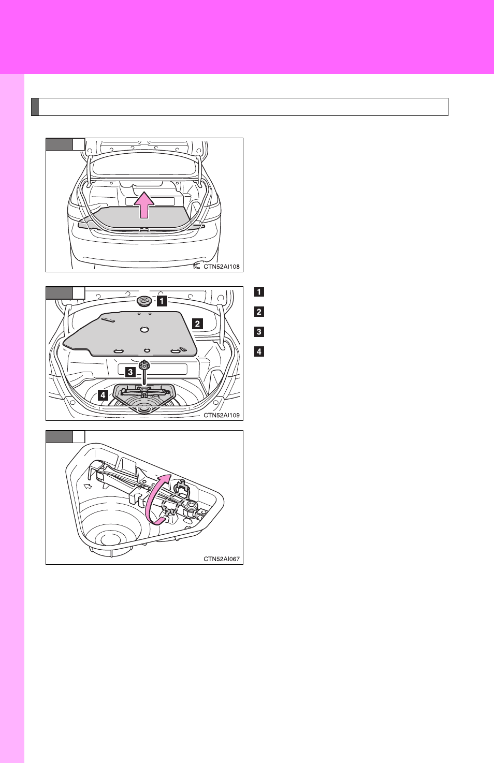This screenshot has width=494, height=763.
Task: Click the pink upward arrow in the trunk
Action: click(x=144, y=205)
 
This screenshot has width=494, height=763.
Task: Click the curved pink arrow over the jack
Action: click(x=149, y=500)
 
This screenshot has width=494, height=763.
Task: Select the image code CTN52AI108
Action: click(x=222, y=267)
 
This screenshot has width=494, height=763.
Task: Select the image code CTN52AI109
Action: click(x=222, y=415)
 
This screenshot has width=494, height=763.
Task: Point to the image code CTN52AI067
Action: click(x=222, y=559)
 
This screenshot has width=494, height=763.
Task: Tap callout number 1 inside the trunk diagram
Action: click(x=162, y=301)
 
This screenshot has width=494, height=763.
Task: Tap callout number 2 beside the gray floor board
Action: click(x=198, y=324)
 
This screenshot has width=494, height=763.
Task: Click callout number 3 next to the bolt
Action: click(x=130, y=372)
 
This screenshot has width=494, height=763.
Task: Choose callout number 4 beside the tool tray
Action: click(x=103, y=395)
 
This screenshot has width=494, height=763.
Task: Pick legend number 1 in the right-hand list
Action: click(x=259, y=292)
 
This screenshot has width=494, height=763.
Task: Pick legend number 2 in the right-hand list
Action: click(x=259, y=312)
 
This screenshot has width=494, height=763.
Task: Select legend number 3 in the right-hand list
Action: click(x=259, y=332)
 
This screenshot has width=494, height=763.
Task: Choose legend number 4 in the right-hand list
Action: click(x=259, y=351)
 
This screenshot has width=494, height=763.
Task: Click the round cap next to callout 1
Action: click(x=145, y=301)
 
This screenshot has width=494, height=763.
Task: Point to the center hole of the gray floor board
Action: click(x=144, y=329)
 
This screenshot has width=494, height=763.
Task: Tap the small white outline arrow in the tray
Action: click(x=88, y=487)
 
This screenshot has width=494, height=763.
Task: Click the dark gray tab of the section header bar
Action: click(x=35, y=107)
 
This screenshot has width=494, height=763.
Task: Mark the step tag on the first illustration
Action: click(x=65, y=144)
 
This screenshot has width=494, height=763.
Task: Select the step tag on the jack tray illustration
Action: click(x=65, y=437)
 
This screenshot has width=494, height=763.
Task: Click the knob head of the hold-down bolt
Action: click(x=144, y=365)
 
